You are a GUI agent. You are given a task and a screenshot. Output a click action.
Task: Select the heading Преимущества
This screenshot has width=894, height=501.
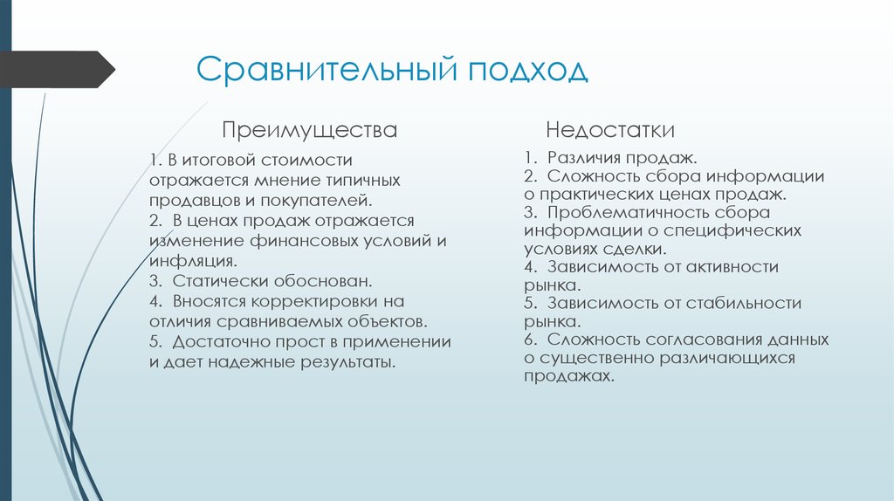pyautogui.click(x=309, y=131)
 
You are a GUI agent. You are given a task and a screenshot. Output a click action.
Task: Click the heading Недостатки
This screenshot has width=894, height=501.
pyautogui.click(x=610, y=131)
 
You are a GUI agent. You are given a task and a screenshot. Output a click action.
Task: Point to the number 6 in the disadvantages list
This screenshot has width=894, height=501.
pyautogui.click(x=529, y=340)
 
